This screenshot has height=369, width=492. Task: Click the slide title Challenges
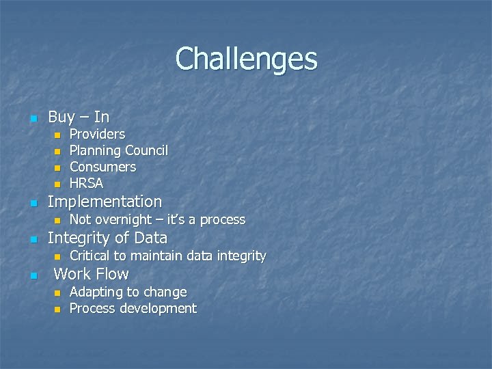pos(246,59)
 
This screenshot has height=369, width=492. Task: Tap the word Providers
pos(97,134)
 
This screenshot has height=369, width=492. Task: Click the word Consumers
pos(102,167)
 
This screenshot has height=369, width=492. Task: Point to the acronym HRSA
pos(86,183)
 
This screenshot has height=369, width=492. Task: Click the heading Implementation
pos(105,202)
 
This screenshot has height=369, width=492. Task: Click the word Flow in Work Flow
pos(113,274)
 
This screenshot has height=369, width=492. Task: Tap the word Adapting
pos(95,292)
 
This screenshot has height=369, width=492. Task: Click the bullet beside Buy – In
pos(31,119)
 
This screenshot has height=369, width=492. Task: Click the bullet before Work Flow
pos(31,275)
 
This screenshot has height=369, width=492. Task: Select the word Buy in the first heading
pos(61,118)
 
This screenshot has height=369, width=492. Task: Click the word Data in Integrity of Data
pos(151,238)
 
